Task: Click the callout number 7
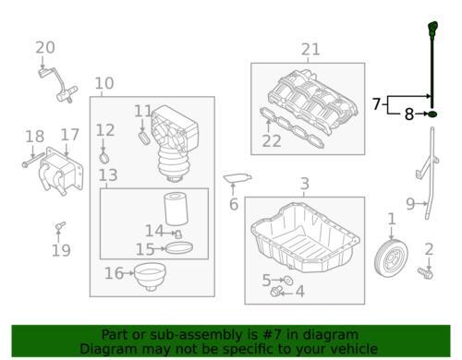(376, 104)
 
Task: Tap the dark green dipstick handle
(432, 29)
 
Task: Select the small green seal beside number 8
(432, 114)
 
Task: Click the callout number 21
(310, 50)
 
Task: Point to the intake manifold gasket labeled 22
(292, 128)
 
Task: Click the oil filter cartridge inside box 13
(176, 209)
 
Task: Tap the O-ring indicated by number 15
(179, 248)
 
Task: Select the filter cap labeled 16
(150, 276)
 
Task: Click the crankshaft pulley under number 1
(391, 258)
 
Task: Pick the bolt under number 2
(425, 273)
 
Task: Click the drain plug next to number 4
(276, 291)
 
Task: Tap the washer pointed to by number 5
(288, 281)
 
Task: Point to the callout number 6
(234, 204)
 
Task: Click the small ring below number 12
(104, 158)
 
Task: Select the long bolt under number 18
(33, 160)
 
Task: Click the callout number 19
(61, 250)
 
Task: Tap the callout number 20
(45, 48)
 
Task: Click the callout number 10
(104, 83)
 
